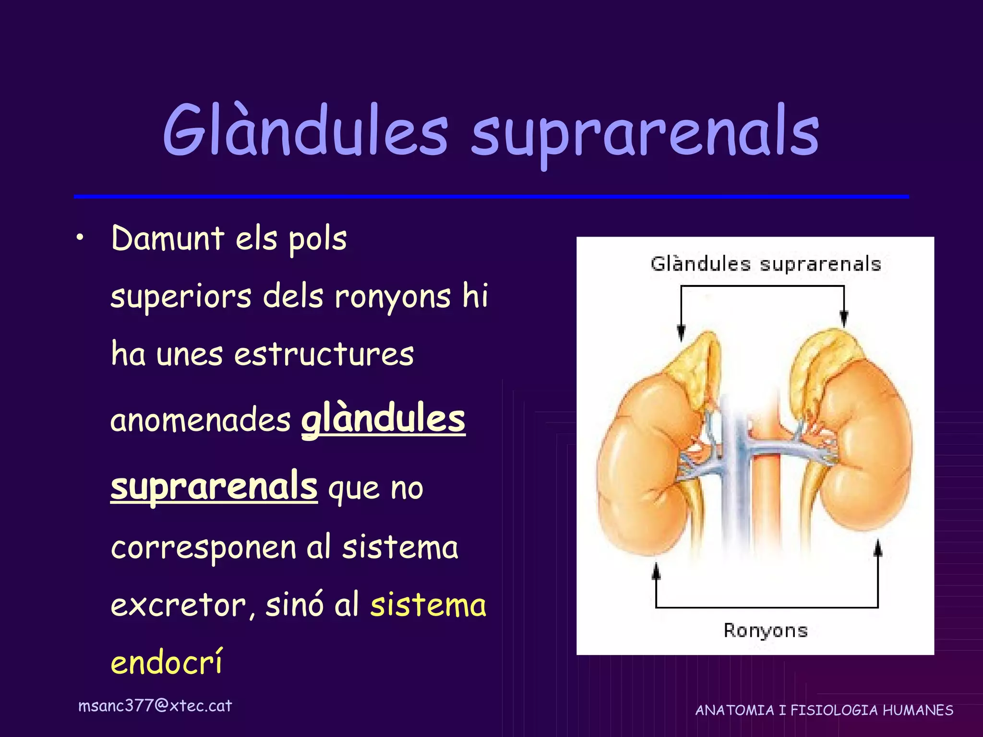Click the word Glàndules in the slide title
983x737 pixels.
pyautogui.click(x=305, y=131)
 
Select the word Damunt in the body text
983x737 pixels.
pyautogui.click(x=168, y=238)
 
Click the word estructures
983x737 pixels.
pyautogui.click(x=324, y=355)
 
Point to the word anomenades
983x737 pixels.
pyautogui.click(x=200, y=420)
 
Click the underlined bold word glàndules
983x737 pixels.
pyautogui.click(x=383, y=419)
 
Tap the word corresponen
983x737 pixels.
pyautogui.click(x=204, y=548)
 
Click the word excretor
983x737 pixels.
pyautogui.click(x=178, y=606)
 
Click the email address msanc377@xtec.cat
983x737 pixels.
pyautogui.click(x=155, y=706)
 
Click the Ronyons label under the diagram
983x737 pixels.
pyautogui.click(x=766, y=630)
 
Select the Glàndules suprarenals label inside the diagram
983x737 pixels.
pyautogui.click(x=766, y=264)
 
